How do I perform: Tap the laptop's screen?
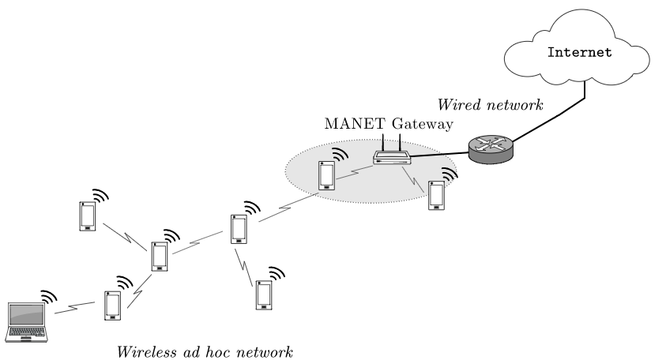pos(26,313)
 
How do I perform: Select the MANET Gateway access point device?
pos(392,158)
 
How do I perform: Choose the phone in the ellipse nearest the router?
pos(435,194)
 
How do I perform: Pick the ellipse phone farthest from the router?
pos(325,176)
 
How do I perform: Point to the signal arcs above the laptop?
pos(49,297)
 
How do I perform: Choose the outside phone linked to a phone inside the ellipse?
pos(238,229)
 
